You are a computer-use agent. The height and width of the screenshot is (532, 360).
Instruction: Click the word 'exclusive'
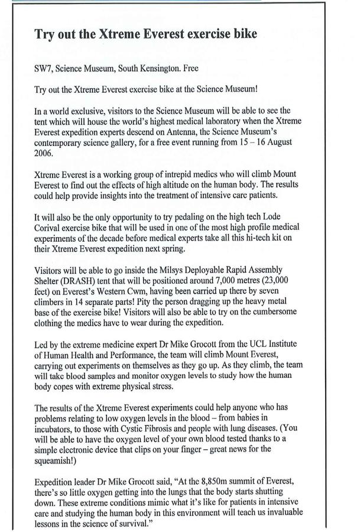click(85, 111)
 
